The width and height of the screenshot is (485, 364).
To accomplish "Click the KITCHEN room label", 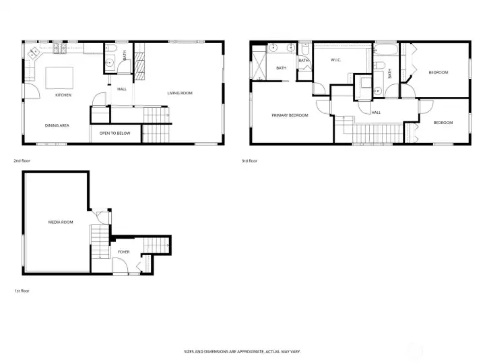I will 63,95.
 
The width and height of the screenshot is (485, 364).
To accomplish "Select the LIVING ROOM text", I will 180,93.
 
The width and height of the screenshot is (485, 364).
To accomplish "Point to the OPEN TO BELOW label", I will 115,133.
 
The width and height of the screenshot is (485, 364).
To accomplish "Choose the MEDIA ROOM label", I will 61,222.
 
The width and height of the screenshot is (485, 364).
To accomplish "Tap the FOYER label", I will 124,252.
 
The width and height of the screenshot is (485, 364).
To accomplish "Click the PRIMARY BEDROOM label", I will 290,115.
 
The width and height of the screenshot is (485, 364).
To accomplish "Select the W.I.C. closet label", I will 337,61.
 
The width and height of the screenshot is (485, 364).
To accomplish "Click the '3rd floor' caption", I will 250,161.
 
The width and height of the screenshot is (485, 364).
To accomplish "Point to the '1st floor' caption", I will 22,291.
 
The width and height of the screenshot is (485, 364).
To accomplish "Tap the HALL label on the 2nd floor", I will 122,89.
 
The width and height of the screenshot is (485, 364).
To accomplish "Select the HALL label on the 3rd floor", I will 376,113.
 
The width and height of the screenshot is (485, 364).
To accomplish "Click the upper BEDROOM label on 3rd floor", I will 439,72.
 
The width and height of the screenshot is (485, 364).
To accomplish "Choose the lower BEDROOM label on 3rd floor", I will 443,123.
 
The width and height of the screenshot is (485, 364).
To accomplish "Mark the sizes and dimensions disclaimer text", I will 243,351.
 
